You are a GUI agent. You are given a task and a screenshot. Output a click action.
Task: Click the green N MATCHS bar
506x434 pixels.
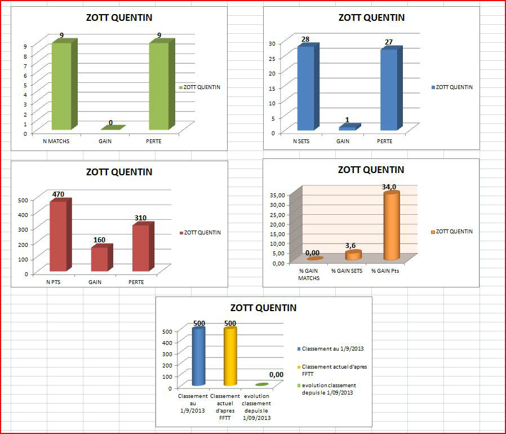[x=60, y=85]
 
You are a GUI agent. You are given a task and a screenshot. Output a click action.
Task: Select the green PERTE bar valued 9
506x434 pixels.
[x=158, y=85]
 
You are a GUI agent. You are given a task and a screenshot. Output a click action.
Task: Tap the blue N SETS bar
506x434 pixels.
[x=306, y=87]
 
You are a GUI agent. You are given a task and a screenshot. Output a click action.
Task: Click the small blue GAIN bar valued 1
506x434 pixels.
[x=348, y=128]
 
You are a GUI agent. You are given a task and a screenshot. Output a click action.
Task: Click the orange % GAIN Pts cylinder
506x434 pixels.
[x=391, y=226]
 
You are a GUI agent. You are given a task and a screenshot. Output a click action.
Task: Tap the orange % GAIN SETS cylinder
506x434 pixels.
[x=353, y=255]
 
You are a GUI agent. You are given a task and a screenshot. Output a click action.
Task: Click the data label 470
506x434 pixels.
[x=58, y=194]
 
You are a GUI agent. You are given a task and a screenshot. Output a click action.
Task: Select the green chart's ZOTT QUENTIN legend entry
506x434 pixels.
[x=201, y=87]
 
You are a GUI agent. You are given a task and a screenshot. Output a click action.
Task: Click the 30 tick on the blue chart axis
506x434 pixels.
[x=271, y=43]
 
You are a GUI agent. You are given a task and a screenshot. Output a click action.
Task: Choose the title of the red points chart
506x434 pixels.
[x=119, y=172]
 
